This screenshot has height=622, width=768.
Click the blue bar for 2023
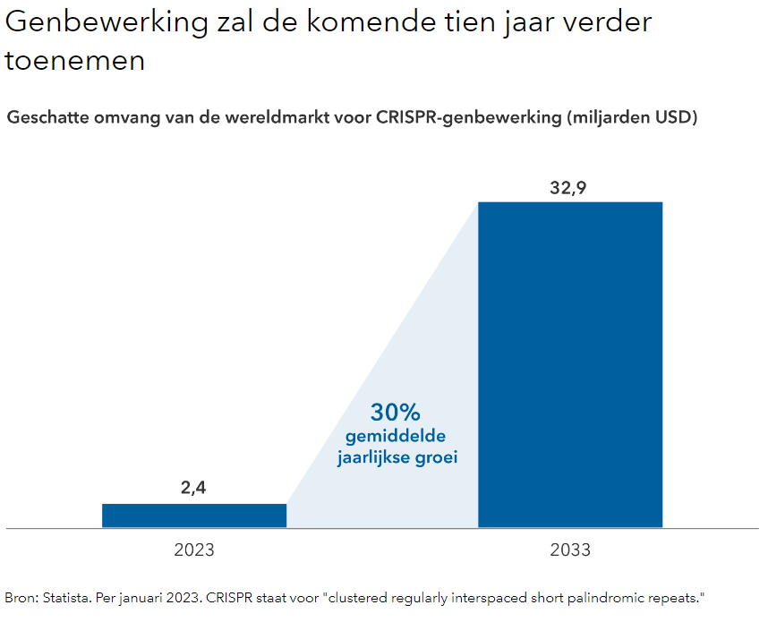194,515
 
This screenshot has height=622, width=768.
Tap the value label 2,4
194,489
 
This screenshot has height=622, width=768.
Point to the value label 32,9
570,188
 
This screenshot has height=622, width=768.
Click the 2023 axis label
194,550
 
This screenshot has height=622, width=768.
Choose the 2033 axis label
570,550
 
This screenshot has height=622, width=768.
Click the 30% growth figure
395,413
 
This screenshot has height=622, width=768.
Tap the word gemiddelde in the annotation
395,437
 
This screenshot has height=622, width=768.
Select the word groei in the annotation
435,457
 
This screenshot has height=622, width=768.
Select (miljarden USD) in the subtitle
632,117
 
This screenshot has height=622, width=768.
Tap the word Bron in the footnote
19,597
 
